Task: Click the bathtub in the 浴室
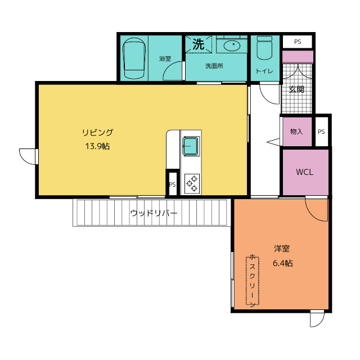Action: pos(134,58)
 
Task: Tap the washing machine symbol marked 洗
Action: pos(199,44)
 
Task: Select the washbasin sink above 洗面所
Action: pos(232,46)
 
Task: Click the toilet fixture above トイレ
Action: pos(264,48)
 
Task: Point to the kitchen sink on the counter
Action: pos(190,146)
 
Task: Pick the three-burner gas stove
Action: pos(192,183)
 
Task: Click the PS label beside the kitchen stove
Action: pos(173,184)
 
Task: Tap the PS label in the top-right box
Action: pos(298,42)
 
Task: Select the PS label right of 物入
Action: pos(321,132)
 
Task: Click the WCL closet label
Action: pos(305,172)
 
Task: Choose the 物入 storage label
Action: pos(296,132)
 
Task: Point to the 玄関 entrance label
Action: pos(296,89)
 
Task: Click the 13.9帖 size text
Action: pos(97,146)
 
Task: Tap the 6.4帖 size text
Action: pos(282,263)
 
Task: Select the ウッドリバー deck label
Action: pos(154,213)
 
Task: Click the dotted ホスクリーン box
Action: pos(253,281)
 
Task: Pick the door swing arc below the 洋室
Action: pos(320,323)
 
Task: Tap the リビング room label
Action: pos(97,133)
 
